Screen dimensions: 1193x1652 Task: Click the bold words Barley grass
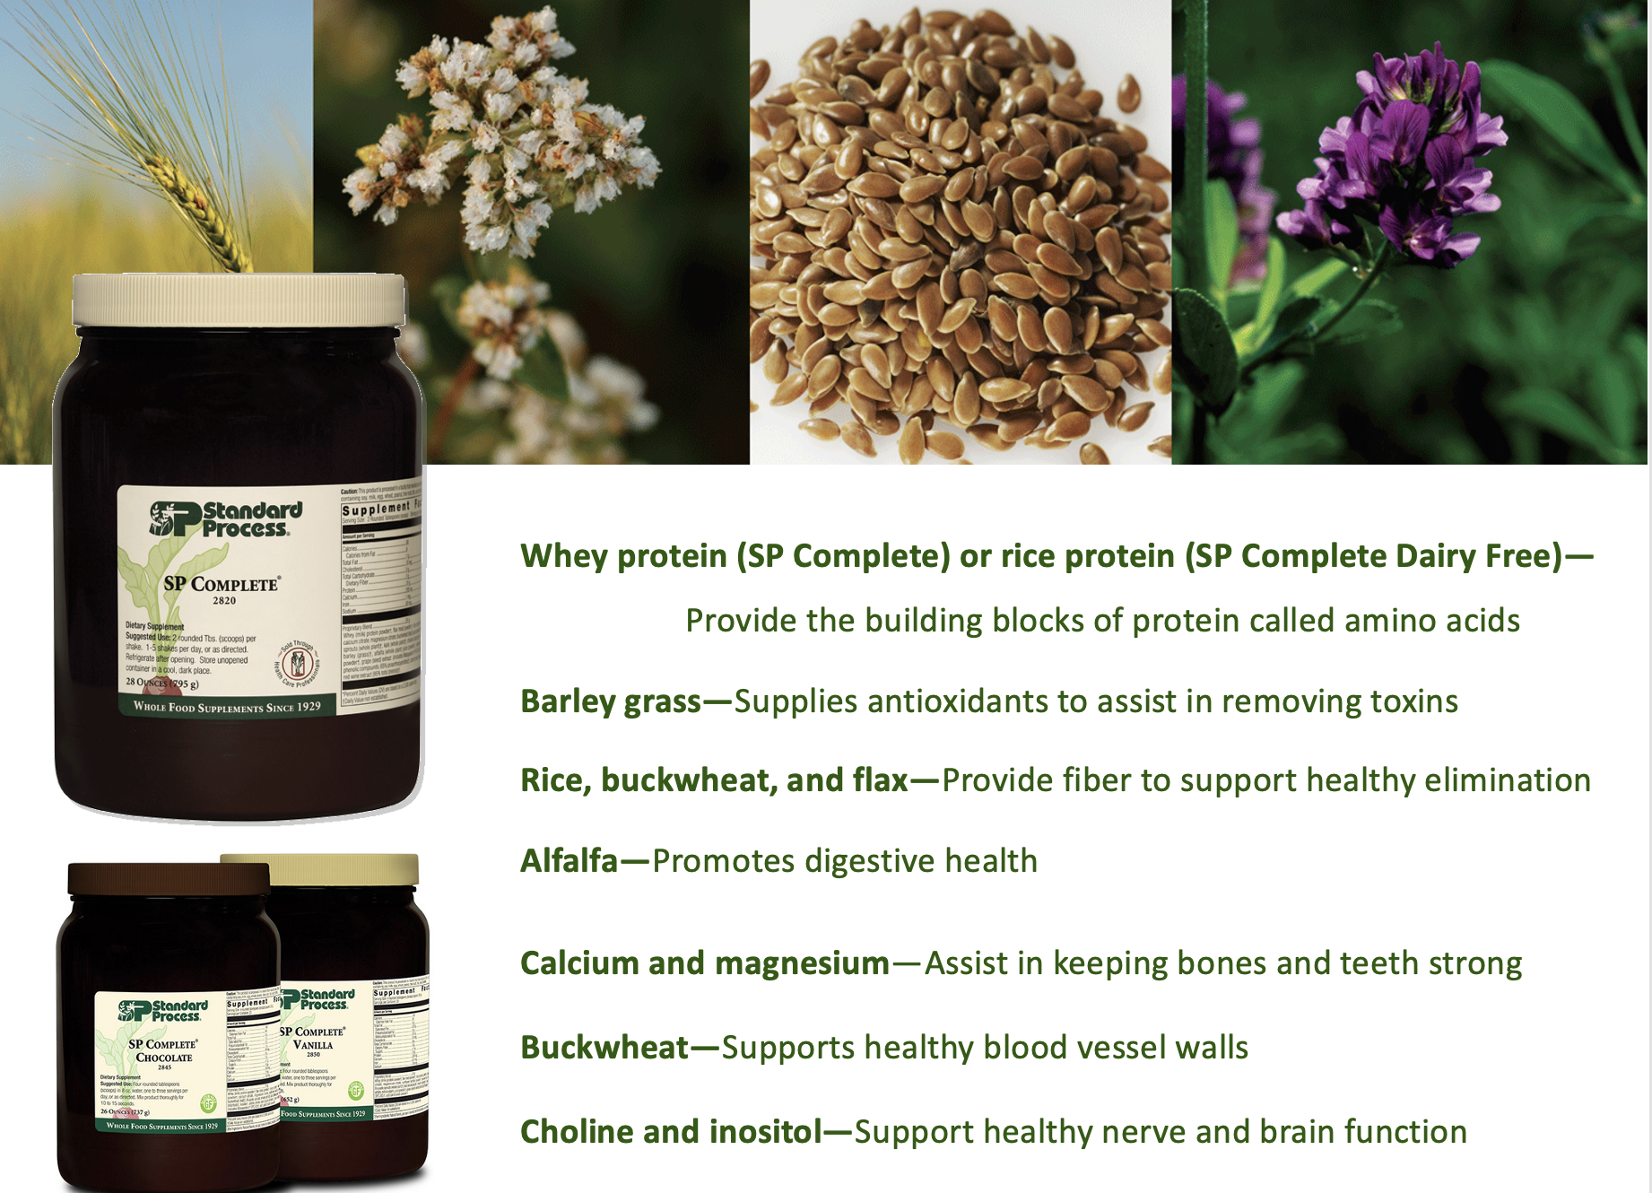tap(611, 701)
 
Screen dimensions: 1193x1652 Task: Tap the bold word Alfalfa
tap(570, 861)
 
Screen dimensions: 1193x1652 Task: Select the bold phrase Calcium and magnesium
tap(705, 963)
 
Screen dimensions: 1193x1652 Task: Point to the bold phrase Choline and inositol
tap(671, 1132)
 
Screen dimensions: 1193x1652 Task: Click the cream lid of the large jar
tap(238, 299)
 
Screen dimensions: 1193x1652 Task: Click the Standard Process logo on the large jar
tap(226, 519)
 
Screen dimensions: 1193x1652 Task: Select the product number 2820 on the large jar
tap(224, 601)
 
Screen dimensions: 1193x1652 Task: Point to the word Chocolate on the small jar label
tap(164, 1058)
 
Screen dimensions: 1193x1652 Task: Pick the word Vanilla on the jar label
tap(313, 1045)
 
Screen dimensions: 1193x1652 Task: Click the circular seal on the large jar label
tap(298, 665)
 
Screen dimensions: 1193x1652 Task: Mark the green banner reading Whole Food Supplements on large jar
tap(227, 707)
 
